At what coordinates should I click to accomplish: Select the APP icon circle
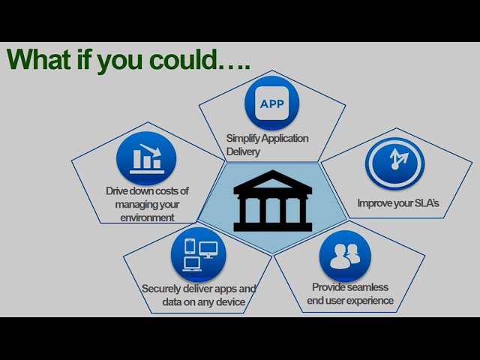coord(271,103)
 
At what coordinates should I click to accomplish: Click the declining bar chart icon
coord(146,158)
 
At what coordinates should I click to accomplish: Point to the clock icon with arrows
coord(395,163)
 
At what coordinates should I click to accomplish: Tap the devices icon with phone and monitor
coord(198,255)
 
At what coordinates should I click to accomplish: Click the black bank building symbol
coord(272,201)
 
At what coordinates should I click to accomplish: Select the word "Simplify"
coord(243,138)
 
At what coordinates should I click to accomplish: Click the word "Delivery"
coord(243,151)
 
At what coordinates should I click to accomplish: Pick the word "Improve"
coord(372,203)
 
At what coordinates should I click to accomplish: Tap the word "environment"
coord(147,217)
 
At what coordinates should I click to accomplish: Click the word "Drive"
coord(117,191)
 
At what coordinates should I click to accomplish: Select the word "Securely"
coord(162,289)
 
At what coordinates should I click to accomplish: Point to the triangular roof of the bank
coord(272,180)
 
